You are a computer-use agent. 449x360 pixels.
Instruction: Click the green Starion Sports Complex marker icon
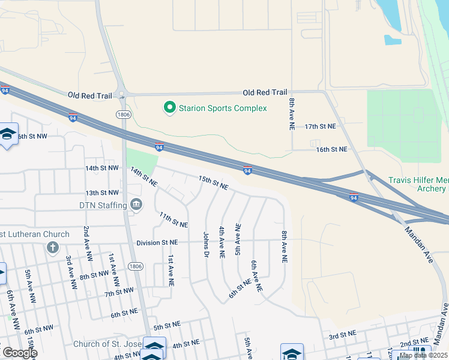coord(170,108)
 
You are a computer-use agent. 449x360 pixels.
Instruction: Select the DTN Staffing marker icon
coord(136,205)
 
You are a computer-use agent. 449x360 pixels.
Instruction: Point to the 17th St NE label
coord(321,127)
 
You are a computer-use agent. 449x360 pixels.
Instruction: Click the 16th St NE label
coord(332,149)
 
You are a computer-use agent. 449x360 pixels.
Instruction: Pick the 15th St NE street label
coord(213,183)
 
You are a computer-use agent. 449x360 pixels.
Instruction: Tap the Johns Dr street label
coord(205,245)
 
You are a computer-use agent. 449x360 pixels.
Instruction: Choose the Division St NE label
coord(157,243)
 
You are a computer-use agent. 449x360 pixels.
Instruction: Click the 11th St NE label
coord(174,220)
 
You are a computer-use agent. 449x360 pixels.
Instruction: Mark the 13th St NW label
coord(101,193)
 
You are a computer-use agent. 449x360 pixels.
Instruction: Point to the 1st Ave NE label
coord(171,269)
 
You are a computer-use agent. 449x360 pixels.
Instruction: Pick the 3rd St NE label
coord(342,334)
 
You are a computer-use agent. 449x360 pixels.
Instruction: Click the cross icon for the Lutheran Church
coord(52,247)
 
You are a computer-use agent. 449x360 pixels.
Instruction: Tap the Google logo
coord(19,353)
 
